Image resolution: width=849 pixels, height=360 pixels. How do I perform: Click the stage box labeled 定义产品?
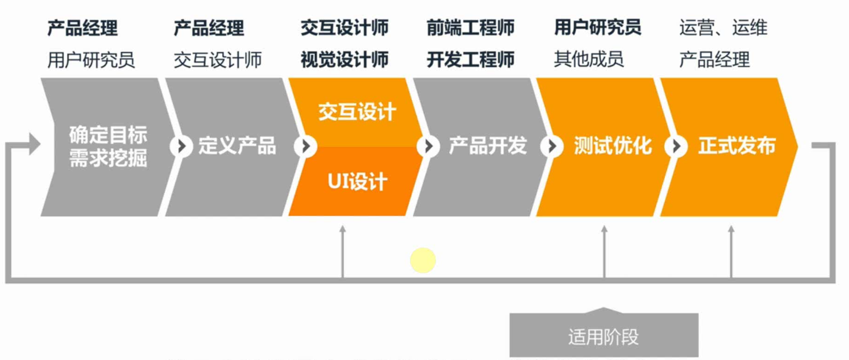click(x=237, y=146)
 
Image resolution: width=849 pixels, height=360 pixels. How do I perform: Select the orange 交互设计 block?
click(x=357, y=112)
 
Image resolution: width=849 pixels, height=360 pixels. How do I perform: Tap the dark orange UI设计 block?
click(x=357, y=182)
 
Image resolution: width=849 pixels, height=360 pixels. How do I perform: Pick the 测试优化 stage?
click(x=612, y=146)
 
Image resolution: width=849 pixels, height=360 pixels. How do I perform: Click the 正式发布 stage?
click(x=737, y=146)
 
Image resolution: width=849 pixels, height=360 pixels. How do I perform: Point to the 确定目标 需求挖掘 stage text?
click(x=108, y=146)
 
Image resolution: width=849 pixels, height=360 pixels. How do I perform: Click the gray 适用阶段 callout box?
click(x=603, y=336)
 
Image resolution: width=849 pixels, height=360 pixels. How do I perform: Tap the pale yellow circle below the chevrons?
click(x=423, y=261)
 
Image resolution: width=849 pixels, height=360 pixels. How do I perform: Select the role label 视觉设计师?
click(x=345, y=60)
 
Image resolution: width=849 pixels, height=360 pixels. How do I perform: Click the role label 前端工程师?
click(x=470, y=28)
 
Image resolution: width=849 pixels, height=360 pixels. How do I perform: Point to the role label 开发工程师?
click(x=470, y=60)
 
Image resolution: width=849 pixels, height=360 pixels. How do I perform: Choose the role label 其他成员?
click(x=589, y=60)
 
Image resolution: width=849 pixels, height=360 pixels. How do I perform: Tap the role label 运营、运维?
click(x=723, y=28)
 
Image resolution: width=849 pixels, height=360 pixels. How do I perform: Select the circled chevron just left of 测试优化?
click(x=551, y=146)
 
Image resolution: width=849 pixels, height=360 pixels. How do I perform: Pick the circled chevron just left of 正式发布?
click(x=675, y=146)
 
